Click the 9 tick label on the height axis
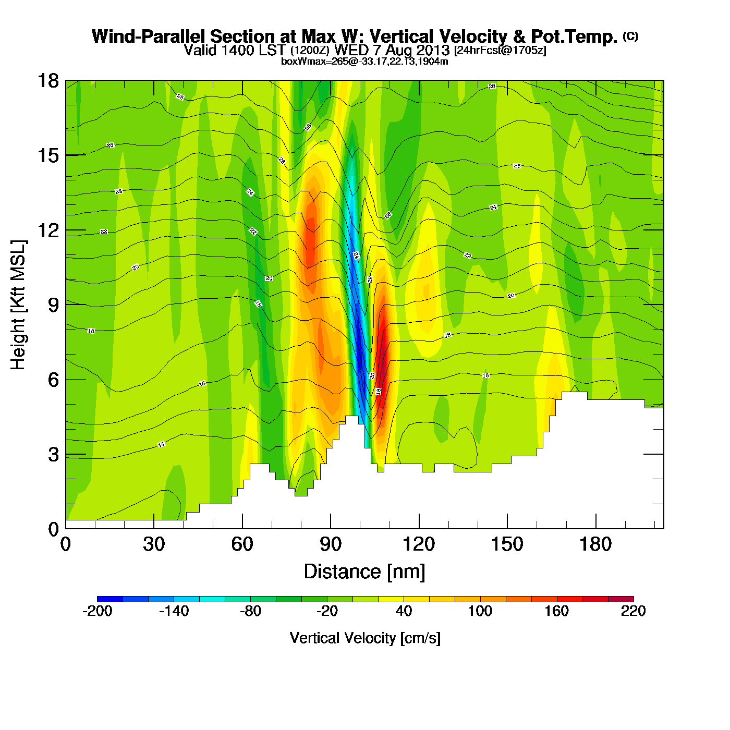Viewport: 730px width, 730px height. [53, 305]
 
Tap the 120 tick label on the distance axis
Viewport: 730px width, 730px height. [419, 544]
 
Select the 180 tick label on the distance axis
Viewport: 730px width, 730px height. [595, 544]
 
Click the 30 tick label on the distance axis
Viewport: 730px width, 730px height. [154, 544]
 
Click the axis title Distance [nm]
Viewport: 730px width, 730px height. [364, 571]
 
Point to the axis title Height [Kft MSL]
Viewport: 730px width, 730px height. [18, 305]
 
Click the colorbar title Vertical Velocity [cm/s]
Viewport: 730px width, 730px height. [365, 638]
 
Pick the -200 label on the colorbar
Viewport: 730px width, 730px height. [98, 611]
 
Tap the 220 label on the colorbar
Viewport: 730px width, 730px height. [633, 611]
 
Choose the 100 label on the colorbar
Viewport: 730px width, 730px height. [480, 611]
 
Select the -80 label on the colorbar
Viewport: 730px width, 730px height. [250, 611]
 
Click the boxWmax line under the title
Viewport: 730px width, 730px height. [364, 61]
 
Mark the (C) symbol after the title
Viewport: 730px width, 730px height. [630, 36]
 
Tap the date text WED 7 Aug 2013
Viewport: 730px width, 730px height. [392, 50]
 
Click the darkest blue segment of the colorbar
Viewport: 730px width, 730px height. [110, 599]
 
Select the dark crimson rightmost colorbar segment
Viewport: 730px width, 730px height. [620, 599]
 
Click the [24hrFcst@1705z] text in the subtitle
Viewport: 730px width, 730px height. [500, 51]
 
